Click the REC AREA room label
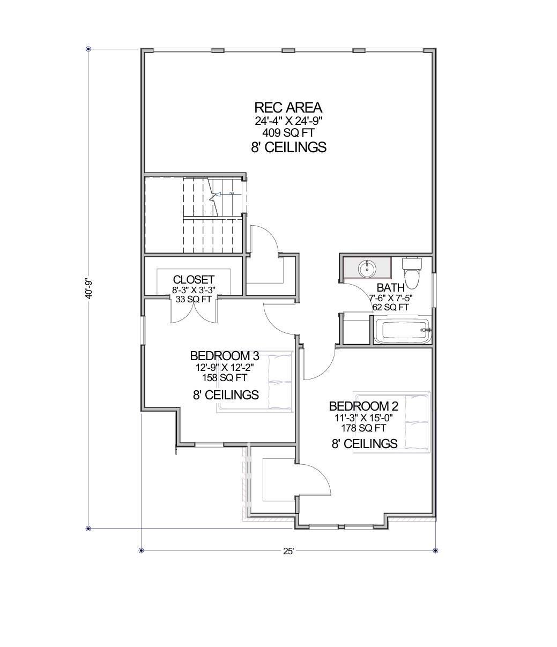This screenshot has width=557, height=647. tap(288, 107)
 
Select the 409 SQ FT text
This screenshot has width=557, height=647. tap(288, 131)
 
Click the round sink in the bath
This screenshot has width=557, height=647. tap(367, 267)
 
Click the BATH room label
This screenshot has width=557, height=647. tap(391, 288)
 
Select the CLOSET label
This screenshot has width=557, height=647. tap(194, 280)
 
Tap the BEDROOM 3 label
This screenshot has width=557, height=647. tap(225, 356)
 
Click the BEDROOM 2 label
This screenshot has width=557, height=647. tap(364, 406)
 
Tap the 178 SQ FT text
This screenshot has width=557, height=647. tap(364, 428)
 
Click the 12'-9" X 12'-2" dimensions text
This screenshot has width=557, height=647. tap(225, 368)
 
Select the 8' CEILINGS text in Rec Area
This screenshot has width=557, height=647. tap(288, 147)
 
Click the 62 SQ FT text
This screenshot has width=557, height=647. tap(391, 307)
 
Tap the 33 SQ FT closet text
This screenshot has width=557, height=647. tap(194, 299)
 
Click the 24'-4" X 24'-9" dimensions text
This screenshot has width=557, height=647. tap(288, 121)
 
